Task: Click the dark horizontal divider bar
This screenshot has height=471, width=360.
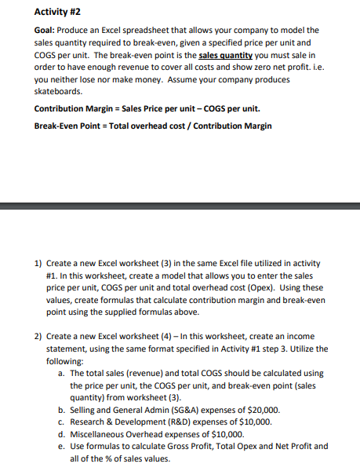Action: tap(180, 206)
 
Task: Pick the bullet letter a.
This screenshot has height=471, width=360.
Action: tap(61, 373)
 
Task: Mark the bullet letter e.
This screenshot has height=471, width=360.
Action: tap(61, 446)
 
